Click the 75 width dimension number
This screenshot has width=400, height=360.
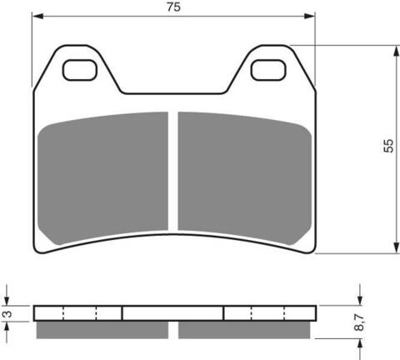(173, 7)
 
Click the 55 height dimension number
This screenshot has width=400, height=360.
(388, 146)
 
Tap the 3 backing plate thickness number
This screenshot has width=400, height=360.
(7, 314)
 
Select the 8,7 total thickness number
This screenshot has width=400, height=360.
(359, 322)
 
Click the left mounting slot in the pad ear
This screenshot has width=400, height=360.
(79, 70)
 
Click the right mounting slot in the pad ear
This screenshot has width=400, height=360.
(268, 70)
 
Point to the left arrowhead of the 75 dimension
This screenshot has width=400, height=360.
(37, 16)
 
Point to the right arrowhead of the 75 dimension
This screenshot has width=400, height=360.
(309, 16)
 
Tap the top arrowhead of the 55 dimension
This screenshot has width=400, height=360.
(397, 51)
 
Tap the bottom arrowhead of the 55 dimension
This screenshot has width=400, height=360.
(397, 247)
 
